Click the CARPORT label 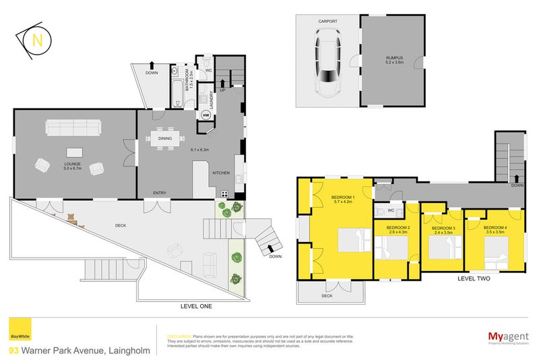328,22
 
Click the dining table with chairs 165,138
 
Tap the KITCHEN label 222,174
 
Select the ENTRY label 160,193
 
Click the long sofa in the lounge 73,127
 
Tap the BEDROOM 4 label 497,229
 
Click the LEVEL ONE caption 196,307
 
